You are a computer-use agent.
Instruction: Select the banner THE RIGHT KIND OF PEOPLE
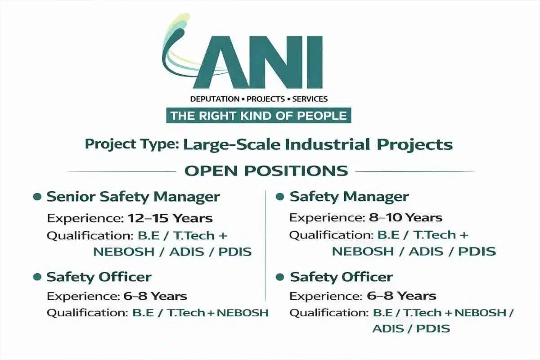(259, 116)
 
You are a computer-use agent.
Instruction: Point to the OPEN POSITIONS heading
(266, 171)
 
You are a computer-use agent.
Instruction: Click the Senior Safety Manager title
(133, 197)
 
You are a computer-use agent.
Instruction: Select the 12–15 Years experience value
(170, 219)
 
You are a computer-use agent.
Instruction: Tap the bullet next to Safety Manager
(279, 197)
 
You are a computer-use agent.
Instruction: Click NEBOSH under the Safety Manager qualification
(361, 252)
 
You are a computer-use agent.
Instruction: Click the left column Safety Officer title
(99, 277)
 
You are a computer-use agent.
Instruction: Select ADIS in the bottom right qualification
(389, 328)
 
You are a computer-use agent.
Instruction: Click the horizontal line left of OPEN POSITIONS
(121, 171)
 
